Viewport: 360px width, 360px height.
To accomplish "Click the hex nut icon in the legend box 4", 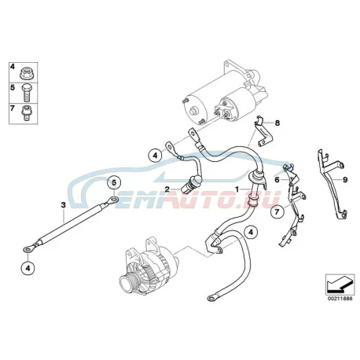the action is click(x=26, y=72).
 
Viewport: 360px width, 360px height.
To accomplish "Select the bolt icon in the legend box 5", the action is click(x=26, y=93).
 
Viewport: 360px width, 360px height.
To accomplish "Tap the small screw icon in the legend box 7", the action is click(x=26, y=113).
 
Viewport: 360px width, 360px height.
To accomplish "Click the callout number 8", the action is click(x=277, y=123).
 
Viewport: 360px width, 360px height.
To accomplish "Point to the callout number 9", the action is click(x=345, y=179).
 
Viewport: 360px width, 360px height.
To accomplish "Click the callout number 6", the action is click(x=277, y=180).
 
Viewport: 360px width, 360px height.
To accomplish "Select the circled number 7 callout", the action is click(x=277, y=212).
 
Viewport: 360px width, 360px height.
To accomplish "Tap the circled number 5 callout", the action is click(x=114, y=182).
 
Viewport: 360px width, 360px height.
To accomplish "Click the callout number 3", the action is click(x=63, y=205).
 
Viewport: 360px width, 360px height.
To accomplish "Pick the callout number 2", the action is click(x=167, y=189).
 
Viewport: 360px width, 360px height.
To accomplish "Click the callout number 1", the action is click(x=237, y=189).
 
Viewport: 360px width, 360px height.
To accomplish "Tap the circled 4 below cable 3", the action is click(x=28, y=268).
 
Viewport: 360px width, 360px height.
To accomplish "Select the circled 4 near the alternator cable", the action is click(x=251, y=233).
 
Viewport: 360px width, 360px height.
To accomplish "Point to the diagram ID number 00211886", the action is click(x=340, y=299).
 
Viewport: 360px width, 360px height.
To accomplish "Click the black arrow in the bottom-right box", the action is click(x=339, y=285).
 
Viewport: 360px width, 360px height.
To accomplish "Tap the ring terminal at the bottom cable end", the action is click(x=211, y=298).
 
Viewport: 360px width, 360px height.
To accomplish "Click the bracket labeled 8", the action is click(x=263, y=131).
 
